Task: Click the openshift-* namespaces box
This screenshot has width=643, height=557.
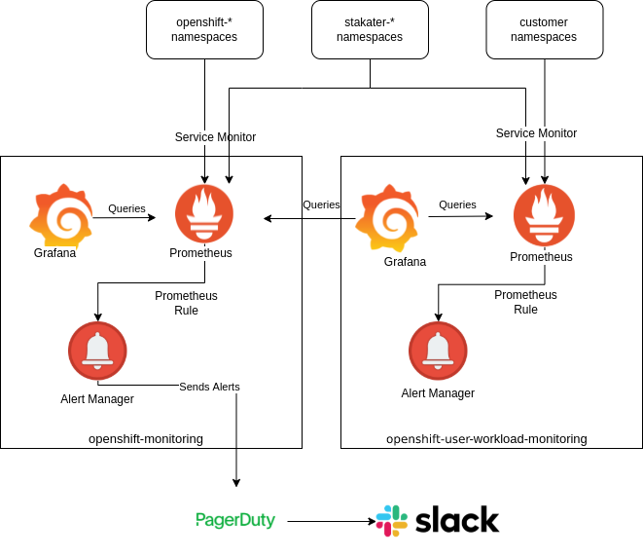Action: pyautogui.click(x=205, y=29)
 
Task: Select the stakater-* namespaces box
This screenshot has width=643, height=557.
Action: pyautogui.click(x=370, y=29)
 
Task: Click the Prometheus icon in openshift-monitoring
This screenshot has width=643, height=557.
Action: pyautogui.click(x=204, y=213)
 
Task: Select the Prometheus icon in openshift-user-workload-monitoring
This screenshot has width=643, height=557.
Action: pyautogui.click(x=544, y=214)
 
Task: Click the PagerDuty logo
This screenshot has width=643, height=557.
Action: pyautogui.click(x=235, y=521)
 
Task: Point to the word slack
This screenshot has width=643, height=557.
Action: pyautogui.click(x=457, y=521)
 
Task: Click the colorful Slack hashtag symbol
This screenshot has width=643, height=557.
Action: pyautogui.click(x=392, y=521)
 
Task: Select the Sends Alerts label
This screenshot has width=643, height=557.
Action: pyautogui.click(x=209, y=387)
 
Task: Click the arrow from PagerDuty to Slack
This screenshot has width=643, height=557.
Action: pyautogui.click(x=331, y=521)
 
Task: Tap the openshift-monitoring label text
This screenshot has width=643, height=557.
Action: pyautogui.click(x=146, y=439)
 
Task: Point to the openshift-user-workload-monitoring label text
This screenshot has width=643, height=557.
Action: pyautogui.click(x=486, y=439)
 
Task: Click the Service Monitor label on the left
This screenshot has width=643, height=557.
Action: pyautogui.click(x=215, y=137)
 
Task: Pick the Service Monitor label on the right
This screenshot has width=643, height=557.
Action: pyautogui.click(x=536, y=133)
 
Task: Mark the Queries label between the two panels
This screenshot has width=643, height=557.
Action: pyautogui.click(x=321, y=204)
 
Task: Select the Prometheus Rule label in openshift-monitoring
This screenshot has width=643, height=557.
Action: pyautogui.click(x=186, y=303)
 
